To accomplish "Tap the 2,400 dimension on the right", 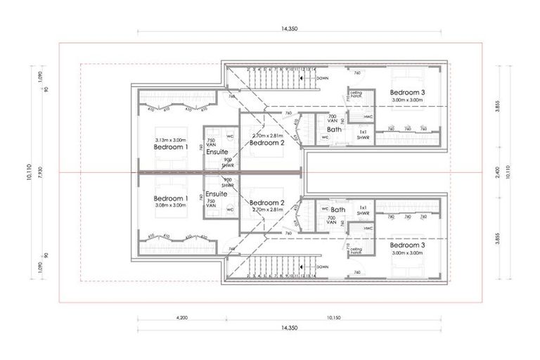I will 498,172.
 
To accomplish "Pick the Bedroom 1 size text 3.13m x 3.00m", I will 171,140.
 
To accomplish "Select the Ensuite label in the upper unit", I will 217,151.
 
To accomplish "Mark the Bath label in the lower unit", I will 338,210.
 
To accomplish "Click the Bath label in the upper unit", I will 335,129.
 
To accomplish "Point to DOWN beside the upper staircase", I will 322,78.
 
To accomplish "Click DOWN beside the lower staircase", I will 322,266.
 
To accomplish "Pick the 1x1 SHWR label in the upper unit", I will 364,134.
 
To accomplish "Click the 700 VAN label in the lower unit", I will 333,220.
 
